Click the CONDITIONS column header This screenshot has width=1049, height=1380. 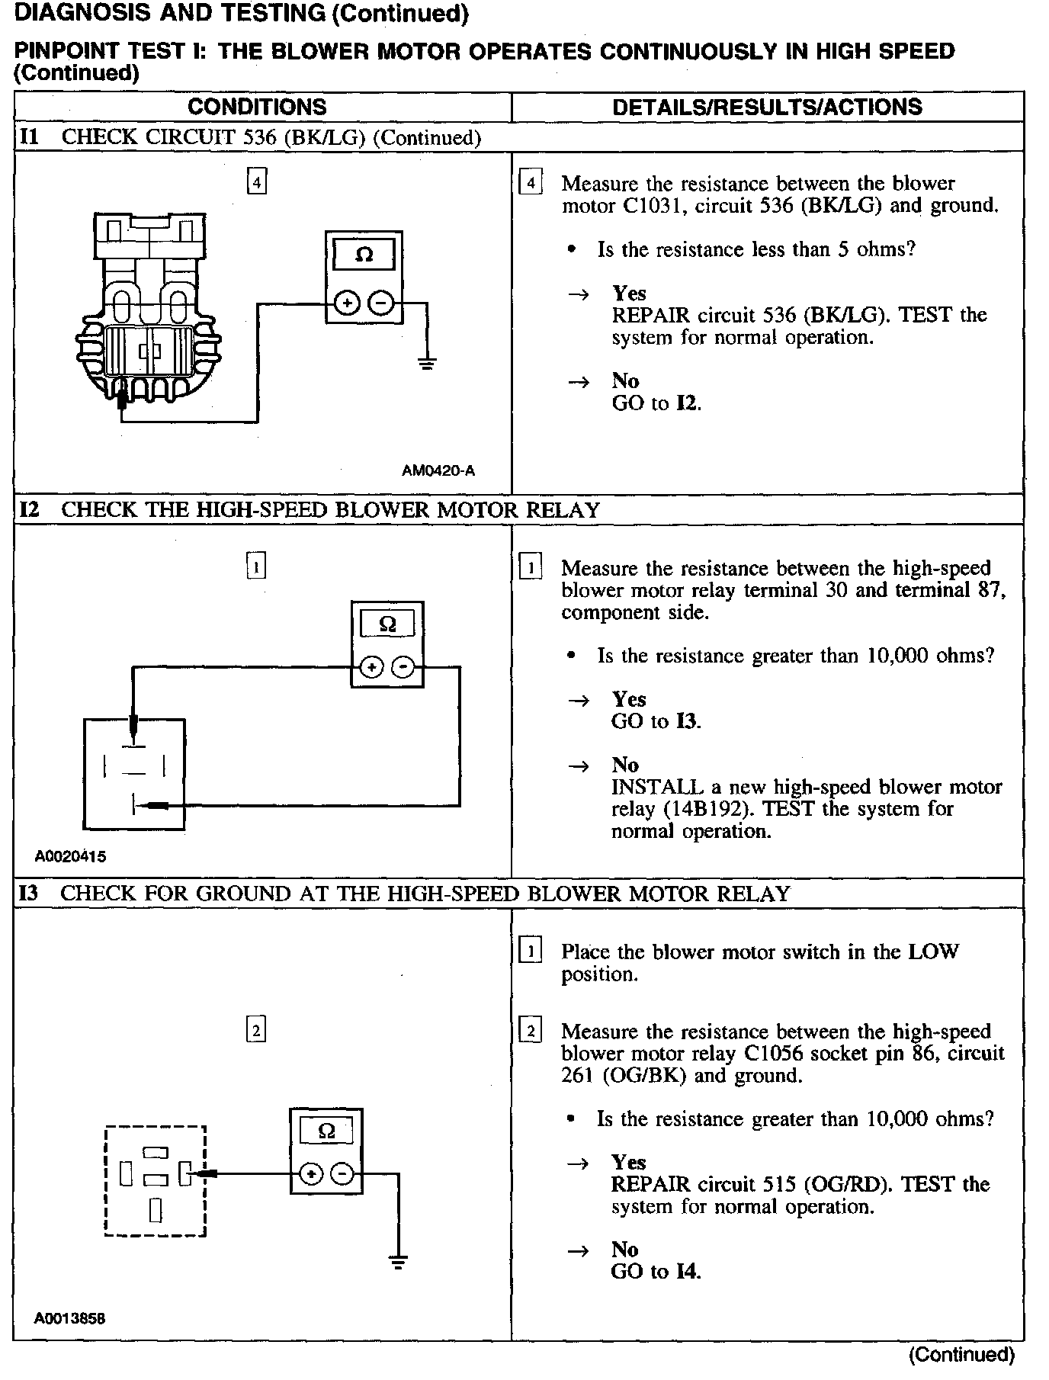tap(257, 107)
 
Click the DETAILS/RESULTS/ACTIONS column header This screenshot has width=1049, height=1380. tap(767, 107)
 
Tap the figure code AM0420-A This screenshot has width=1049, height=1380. tap(438, 470)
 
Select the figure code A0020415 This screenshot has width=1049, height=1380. tap(70, 856)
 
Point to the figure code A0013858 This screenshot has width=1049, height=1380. tap(69, 1318)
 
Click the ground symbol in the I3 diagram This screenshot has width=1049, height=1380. tap(398, 1262)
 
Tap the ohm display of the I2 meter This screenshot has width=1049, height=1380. tap(387, 625)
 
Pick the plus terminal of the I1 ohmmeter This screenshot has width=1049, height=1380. tap(347, 303)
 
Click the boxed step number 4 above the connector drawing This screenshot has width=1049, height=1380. tap(257, 183)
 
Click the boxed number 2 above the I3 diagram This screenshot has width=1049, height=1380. tap(256, 1031)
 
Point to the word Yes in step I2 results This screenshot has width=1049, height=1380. tap(628, 699)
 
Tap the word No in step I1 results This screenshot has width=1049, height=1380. tap(624, 380)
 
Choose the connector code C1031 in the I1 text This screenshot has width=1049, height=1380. tap(653, 206)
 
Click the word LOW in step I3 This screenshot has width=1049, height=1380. tap(933, 952)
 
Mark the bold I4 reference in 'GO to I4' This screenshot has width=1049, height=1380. tap(686, 1272)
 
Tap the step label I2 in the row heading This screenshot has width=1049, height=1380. tap(30, 509)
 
